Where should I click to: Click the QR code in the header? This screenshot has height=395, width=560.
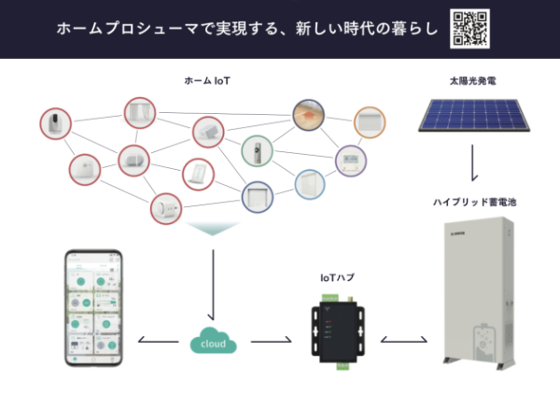pos(469,28)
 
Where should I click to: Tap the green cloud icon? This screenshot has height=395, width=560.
pos(213,341)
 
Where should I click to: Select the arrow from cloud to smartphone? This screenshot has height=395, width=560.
pos(159,341)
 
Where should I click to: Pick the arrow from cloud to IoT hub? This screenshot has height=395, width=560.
pos(272,341)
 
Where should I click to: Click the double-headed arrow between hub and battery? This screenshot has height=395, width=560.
pos(404,341)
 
